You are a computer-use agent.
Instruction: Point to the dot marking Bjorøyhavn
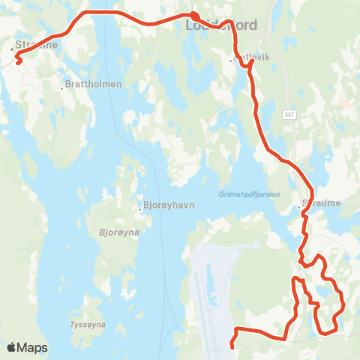pyautogui.click(x=139, y=208)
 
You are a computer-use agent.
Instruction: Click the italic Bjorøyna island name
pyautogui.click(x=115, y=232)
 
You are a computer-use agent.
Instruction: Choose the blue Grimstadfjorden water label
pyautogui.click(x=248, y=194)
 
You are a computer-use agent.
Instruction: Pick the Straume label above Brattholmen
pyautogui.click(x=37, y=45)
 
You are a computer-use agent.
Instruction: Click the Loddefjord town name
pyautogui.click(x=220, y=25)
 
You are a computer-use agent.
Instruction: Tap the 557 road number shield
pyautogui.click(x=289, y=114)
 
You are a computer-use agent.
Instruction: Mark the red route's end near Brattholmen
pyautogui.click(x=17, y=64)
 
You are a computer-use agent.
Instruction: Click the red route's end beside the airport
pyautogui.click(x=232, y=346)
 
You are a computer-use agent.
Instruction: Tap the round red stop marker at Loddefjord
pyautogui.click(x=193, y=17)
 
